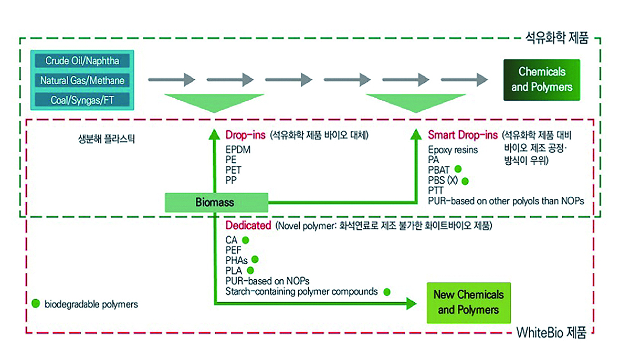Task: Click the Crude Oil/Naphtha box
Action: point(82,60)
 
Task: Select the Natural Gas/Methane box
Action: point(82,81)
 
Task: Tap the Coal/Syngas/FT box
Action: point(82,100)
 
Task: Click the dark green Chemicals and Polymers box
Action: point(542,79)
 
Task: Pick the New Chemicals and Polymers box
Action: point(468,302)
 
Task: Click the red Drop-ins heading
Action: point(246,135)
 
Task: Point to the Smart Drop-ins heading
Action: point(463,135)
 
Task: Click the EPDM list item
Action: point(238,150)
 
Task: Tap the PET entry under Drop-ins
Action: point(234,170)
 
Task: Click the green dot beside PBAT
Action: point(458,170)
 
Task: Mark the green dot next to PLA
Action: point(250,271)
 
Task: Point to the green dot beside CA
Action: point(245,240)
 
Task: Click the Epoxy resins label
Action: point(453,150)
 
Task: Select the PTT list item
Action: point(436,190)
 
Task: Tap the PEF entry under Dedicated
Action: point(234,250)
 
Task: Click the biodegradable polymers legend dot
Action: point(36,303)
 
